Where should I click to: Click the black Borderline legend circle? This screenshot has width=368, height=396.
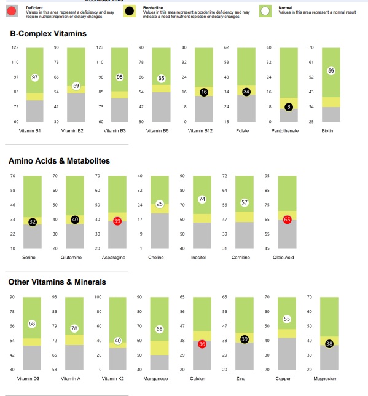click(130, 10)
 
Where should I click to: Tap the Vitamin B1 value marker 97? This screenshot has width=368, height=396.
click(35, 77)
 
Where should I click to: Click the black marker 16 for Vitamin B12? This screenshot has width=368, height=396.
click(203, 92)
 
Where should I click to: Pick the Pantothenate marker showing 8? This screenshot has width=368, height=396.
click(289, 107)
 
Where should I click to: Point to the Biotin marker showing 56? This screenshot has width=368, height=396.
click(331, 71)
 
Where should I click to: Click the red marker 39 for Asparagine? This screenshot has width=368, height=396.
click(117, 220)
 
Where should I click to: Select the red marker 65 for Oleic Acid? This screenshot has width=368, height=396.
click(287, 220)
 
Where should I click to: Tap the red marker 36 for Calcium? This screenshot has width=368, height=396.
click(202, 344)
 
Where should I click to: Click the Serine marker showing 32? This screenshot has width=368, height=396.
click(33, 221)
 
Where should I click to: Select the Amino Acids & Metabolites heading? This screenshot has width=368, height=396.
click(59, 160)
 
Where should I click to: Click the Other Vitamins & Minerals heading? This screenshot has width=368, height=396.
click(57, 282)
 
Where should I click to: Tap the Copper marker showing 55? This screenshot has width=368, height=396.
click(287, 319)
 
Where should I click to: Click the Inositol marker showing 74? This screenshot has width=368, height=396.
click(202, 199)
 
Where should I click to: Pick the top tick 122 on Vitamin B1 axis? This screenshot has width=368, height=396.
click(15, 48)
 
